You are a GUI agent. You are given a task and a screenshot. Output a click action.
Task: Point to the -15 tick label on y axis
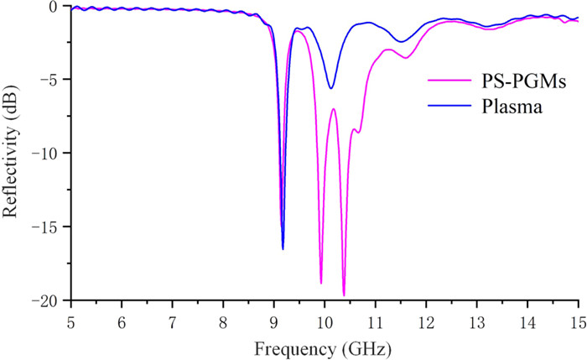click(49, 227)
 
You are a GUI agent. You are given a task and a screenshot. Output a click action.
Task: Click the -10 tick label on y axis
click(49, 153)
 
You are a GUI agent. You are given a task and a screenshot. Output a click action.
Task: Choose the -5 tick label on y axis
click(53, 80)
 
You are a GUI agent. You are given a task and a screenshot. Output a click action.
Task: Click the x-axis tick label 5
click(71, 322)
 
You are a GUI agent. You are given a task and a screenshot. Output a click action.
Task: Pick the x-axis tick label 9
click(274, 322)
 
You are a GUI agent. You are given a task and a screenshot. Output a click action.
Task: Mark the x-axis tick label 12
click(426, 322)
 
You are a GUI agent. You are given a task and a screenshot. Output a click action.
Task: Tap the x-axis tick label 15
click(578, 322)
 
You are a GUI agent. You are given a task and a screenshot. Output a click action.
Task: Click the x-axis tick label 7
click(173, 322)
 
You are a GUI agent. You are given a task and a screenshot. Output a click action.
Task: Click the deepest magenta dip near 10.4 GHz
click(344, 295)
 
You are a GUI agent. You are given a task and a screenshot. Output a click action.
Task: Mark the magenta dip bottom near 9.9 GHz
click(321, 283)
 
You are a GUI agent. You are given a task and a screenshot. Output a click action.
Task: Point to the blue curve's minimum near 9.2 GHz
click(283, 248)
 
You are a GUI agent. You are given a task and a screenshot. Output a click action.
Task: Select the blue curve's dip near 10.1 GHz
click(331, 88)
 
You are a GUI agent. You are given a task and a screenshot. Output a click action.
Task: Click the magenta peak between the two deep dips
click(333, 109)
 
